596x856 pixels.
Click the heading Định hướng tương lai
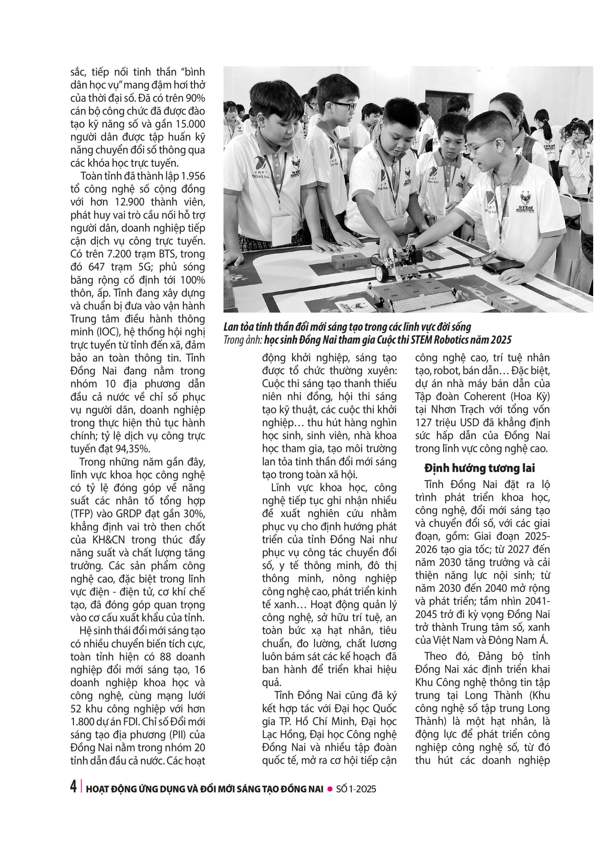tap(479, 468)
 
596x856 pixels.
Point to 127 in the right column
tap(423, 422)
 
